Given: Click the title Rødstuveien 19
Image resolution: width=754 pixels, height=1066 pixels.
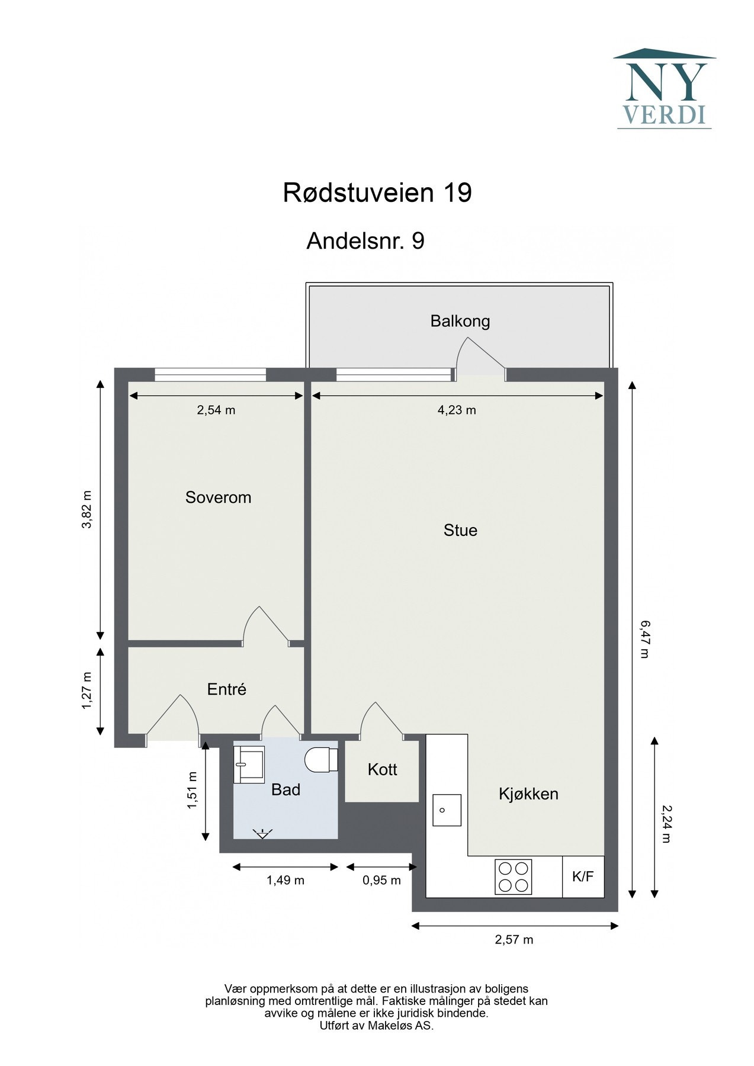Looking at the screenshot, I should pos(377,193).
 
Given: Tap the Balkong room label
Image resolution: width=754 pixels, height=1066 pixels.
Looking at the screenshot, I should pos(460,321).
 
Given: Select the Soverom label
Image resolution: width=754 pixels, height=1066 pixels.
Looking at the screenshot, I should pos(218,497).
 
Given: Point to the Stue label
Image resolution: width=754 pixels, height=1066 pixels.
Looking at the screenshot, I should pos(460,530).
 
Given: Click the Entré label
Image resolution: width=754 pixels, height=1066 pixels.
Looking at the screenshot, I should pos(226,689).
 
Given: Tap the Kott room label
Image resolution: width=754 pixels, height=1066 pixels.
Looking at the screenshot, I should pos(382,769).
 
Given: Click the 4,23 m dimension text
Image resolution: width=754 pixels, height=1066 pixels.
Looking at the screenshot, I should pos(457,410).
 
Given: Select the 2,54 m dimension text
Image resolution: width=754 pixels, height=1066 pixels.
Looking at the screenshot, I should pos(216,410).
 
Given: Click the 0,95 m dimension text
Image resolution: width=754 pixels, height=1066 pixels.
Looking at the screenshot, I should pos(381,880).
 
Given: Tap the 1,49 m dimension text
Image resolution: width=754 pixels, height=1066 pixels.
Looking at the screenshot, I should pos(285,880).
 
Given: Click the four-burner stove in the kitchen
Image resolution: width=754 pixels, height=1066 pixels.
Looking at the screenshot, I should pos(513,877).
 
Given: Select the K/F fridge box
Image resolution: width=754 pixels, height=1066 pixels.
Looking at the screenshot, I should pos(583,876).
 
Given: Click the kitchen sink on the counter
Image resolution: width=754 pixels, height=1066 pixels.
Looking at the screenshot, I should pos(447,810).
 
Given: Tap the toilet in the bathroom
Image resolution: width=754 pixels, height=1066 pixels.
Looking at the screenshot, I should pos(320,760).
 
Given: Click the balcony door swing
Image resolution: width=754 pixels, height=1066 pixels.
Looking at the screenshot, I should pos(480,357).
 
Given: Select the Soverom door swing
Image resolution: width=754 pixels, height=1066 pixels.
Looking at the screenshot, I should pos(265,626).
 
